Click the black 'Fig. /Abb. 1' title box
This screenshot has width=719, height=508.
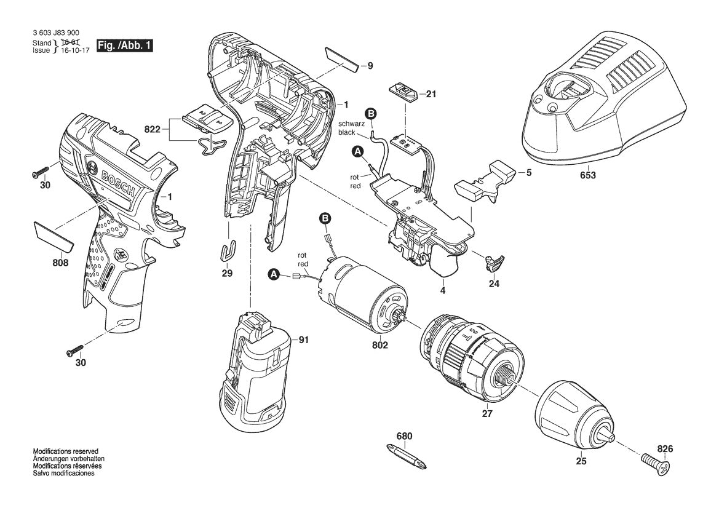click(124, 46)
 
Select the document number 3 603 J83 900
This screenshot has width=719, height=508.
click(55, 33)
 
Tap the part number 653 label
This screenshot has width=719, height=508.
click(587, 175)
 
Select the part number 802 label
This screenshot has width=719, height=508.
click(380, 346)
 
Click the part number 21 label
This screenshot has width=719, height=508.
click(431, 95)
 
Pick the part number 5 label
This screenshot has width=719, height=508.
click(528, 173)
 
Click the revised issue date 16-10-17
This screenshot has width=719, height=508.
click(70, 50)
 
